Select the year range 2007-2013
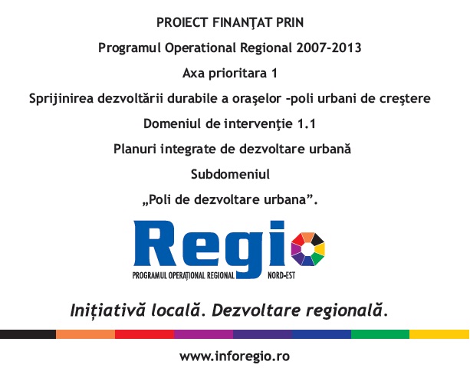328,48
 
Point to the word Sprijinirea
61,99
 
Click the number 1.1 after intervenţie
307,123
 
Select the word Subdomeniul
230,174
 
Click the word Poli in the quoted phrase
159,199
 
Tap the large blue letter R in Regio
155,243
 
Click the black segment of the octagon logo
318,239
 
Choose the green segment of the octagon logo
317,258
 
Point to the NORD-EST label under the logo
281,275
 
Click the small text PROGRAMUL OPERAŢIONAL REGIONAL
183,276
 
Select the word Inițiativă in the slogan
107,310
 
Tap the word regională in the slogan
345,310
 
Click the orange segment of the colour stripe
85,334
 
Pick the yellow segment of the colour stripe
439,334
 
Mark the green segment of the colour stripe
380,334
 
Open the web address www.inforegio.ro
235,356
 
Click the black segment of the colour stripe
28,334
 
